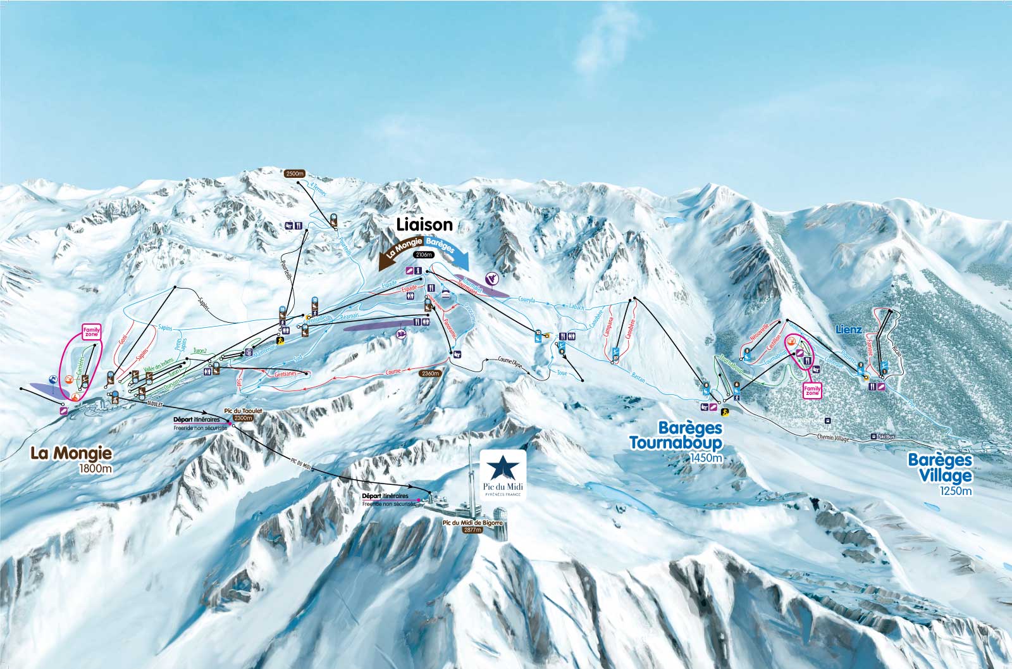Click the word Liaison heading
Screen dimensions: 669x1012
tap(424, 224)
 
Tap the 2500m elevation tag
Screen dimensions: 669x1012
tap(295, 173)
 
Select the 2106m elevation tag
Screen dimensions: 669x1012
tap(423, 254)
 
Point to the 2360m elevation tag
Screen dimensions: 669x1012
tap(429, 373)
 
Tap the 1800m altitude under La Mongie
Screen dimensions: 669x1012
tap(95, 469)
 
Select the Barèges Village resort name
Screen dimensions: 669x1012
tap(939, 467)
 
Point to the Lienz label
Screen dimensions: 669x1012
tap(849, 330)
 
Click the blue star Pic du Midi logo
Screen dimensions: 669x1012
tap(503, 468)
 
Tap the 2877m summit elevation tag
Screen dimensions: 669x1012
tap(472, 530)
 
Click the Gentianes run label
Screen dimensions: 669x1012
tap(286, 374)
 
